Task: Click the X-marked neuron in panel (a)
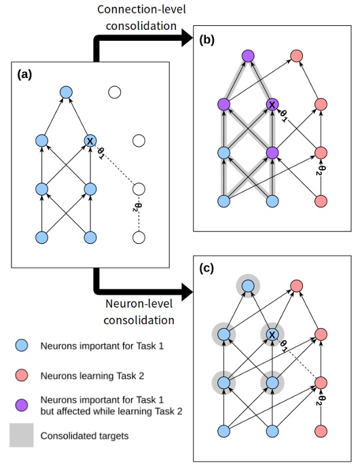coord(90,141)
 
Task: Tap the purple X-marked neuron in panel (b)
coord(272,105)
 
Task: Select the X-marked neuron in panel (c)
coord(272,335)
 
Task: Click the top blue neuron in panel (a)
coord(66,92)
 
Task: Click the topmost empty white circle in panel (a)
coord(115,92)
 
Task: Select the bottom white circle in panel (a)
coord(139,238)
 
